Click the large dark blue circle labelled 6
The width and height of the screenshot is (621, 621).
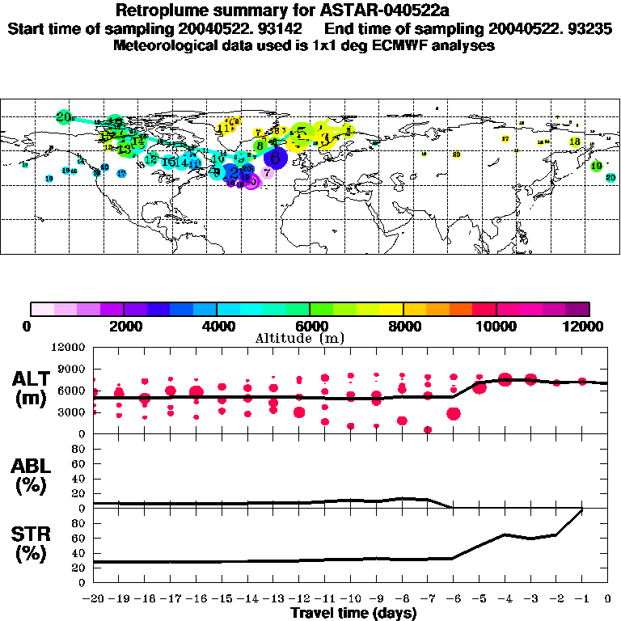coord(276,158)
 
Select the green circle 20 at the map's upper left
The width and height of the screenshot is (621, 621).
coord(64,116)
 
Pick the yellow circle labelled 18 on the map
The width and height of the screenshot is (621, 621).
coord(575,142)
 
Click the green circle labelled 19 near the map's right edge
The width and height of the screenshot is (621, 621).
coord(596,167)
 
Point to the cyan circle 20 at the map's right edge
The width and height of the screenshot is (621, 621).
coord(610,178)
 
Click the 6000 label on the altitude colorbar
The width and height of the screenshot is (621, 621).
coord(310,326)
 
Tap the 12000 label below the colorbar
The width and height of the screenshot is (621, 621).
coord(588,326)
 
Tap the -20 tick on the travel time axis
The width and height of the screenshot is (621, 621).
coord(94,599)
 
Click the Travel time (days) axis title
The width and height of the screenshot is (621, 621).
coord(353,613)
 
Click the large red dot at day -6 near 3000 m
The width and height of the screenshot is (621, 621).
coord(454,413)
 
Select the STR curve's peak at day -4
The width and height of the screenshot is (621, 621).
coord(505,534)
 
